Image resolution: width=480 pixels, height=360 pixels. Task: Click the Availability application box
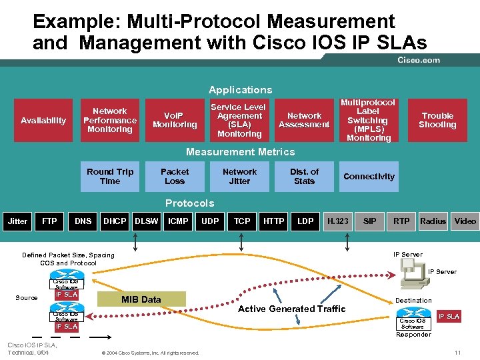coord(43,121)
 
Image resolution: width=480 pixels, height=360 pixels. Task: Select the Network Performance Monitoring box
coord(110,121)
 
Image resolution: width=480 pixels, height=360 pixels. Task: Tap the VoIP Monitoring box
coord(175,121)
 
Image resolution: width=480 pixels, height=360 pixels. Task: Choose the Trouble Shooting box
coord(437,121)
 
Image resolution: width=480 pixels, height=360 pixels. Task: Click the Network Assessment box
coord(304,121)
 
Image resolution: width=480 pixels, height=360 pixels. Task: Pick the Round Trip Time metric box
coord(110,177)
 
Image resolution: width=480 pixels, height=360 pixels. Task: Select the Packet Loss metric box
coord(175,177)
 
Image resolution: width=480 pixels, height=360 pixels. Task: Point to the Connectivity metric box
coord(369,177)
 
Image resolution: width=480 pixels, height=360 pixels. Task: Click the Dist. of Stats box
coord(304,177)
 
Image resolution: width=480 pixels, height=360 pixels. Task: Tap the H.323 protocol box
coord(337,221)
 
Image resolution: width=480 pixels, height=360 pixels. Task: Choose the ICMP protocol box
coord(178,221)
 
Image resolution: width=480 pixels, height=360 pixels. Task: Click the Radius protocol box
coord(433,221)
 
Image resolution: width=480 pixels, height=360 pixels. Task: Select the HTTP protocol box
coord(274,221)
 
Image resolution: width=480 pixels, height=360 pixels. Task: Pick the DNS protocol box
coord(83,221)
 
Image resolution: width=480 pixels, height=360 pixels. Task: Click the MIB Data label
coord(141,299)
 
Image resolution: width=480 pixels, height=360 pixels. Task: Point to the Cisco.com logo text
coord(419,60)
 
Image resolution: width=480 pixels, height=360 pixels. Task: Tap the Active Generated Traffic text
coord(292,309)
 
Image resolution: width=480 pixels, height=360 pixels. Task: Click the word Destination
coord(413,301)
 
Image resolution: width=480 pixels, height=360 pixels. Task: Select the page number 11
coord(457,352)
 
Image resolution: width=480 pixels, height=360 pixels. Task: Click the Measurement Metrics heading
coord(240,152)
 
